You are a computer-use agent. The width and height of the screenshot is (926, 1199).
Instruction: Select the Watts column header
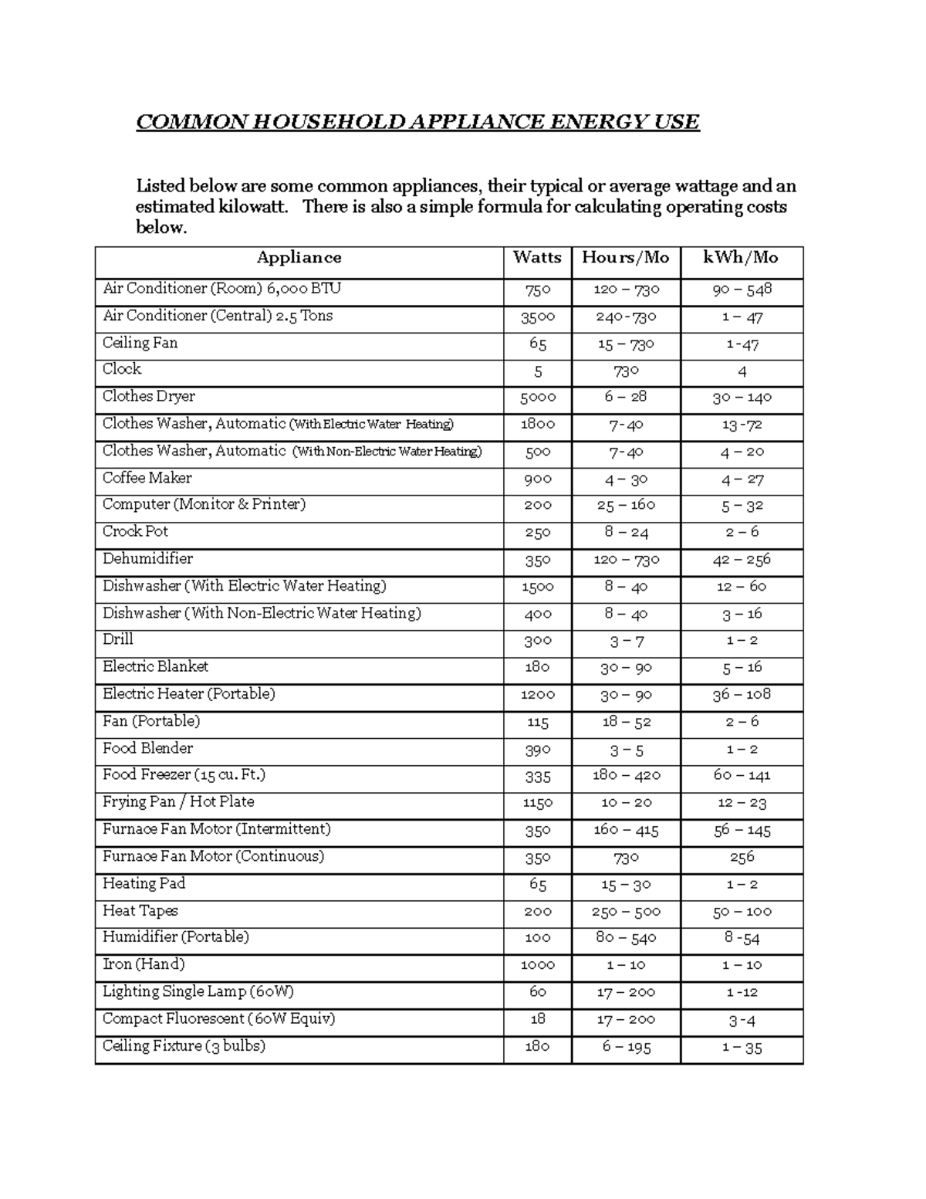537,258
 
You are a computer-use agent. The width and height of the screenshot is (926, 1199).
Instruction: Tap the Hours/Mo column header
626,258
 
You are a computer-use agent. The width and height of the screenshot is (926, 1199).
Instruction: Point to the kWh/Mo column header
741,258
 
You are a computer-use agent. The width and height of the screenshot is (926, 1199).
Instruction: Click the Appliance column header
299,258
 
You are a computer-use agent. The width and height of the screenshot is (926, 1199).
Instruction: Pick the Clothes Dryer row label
149,396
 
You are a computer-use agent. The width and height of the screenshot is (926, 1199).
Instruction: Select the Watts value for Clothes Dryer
537,398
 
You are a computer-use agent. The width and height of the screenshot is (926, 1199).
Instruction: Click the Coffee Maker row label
147,478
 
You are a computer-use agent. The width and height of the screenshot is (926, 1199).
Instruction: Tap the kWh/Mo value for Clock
742,371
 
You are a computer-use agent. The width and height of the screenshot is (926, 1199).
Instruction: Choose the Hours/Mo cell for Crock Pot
626,533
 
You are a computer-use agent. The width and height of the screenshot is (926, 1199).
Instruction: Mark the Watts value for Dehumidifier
537,560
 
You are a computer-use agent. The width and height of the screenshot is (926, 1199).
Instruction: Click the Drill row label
118,639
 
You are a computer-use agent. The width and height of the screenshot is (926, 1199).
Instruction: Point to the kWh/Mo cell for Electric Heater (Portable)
742,695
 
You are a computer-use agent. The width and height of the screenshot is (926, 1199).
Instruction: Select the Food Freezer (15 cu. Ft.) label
184,774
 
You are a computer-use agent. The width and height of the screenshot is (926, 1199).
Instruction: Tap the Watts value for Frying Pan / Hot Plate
537,803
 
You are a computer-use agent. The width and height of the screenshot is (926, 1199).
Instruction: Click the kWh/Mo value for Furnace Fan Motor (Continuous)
742,857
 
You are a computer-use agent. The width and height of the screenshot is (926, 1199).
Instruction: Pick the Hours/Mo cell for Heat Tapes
626,912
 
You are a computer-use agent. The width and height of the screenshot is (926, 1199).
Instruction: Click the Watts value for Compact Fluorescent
537,1019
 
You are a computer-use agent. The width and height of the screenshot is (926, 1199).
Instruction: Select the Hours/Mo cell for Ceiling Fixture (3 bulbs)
626,1047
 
